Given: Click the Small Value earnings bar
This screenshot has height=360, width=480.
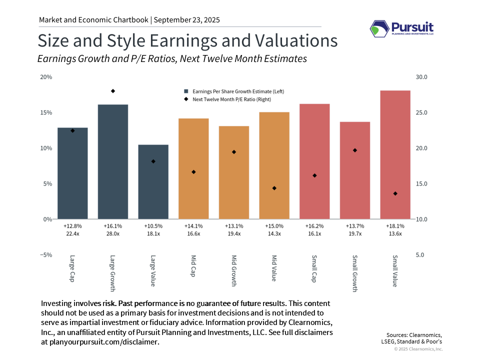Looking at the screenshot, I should pyautogui.click(x=395, y=154).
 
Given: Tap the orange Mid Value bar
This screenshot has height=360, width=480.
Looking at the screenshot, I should pyautogui.click(x=274, y=165).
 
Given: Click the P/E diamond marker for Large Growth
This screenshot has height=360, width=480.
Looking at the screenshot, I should pyautogui.click(x=113, y=91).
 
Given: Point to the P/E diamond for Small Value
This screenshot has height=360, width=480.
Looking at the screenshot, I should pyautogui.click(x=395, y=193).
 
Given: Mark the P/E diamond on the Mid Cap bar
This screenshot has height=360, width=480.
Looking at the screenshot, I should pyautogui.click(x=193, y=172).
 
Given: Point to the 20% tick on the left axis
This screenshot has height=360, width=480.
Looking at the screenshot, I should pyautogui.click(x=46, y=77).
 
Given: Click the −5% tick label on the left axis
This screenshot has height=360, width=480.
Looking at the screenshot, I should pyautogui.click(x=46, y=255).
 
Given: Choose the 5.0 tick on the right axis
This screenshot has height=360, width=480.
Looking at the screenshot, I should pyautogui.click(x=420, y=255).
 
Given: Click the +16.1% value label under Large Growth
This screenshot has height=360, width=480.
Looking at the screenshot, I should pyautogui.click(x=113, y=226).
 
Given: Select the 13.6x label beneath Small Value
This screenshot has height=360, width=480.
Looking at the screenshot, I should pyautogui.click(x=395, y=233).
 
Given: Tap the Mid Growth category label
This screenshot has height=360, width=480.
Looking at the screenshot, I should pyautogui.click(x=234, y=270).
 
